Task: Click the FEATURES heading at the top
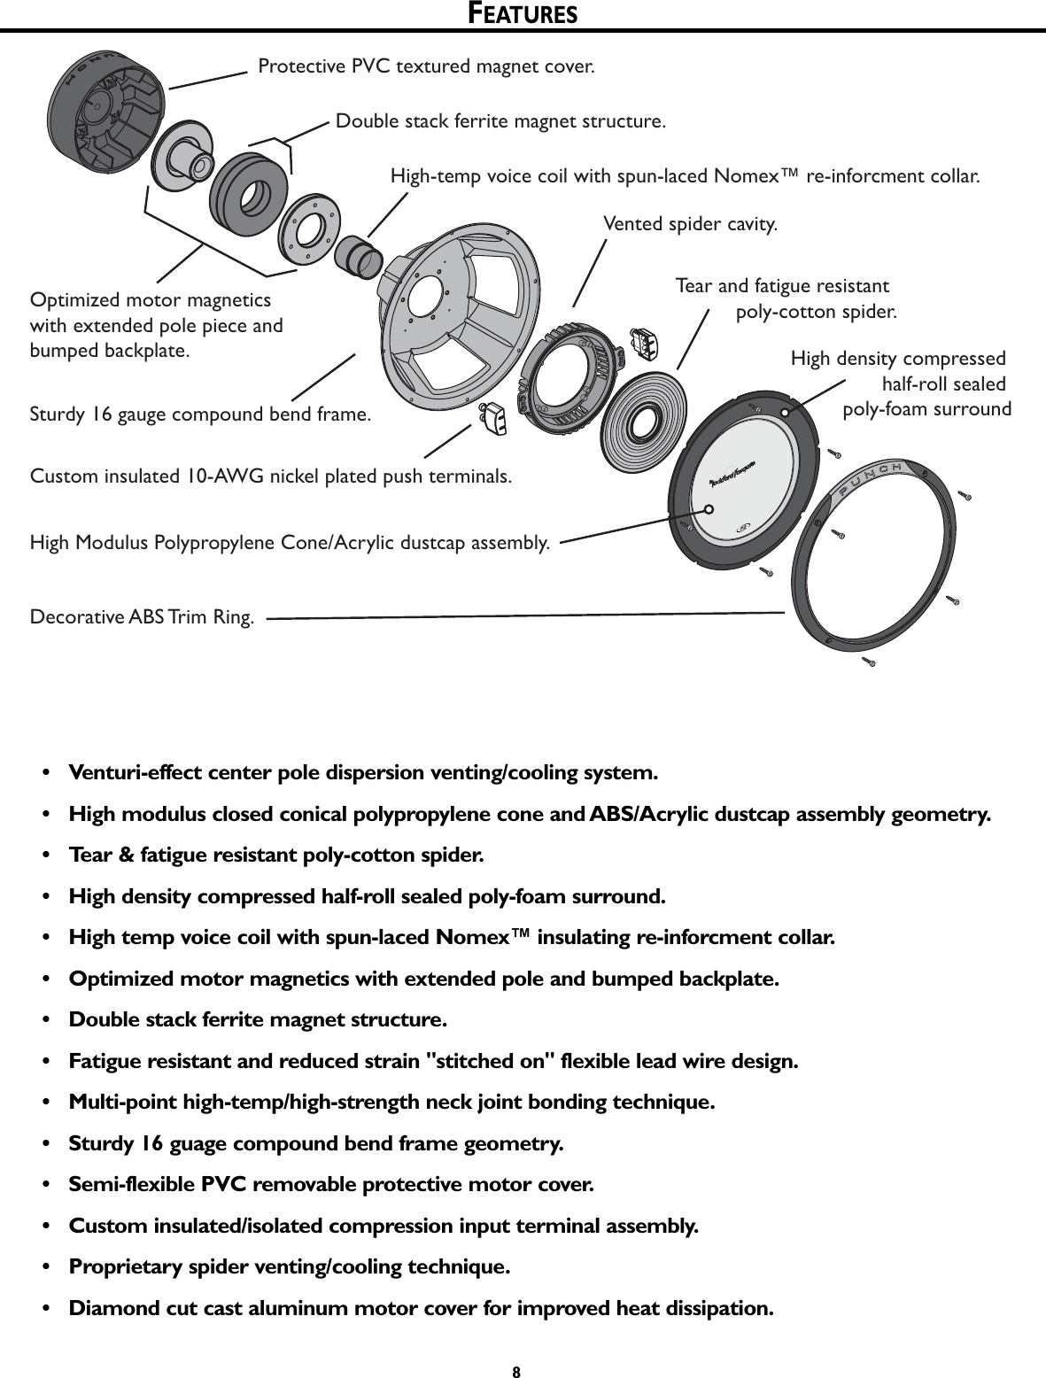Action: (x=523, y=14)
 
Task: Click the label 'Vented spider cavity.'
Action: (x=690, y=224)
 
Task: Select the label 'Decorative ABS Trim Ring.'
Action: (x=142, y=616)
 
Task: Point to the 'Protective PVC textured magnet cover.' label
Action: (x=426, y=66)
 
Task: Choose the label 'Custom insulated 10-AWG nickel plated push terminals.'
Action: (x=271, y=476)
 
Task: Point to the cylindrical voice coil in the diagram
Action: (x=358, y=257)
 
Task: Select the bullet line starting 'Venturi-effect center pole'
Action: (x=363, y=772)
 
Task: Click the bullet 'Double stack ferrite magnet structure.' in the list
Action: (x=258, y=1019)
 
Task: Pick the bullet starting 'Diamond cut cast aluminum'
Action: (x=421, y=1308)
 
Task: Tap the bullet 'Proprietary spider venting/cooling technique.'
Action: (x=290, y=1266)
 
